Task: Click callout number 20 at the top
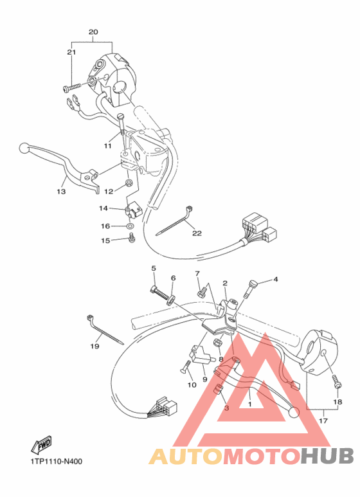coord(93,32)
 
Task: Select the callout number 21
coord(71,52)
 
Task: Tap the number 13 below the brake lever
coord(61,192)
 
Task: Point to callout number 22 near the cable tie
coord(197,233)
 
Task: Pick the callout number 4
coord(275,280)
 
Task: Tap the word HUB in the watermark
coord(327,456)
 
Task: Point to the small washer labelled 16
coord(130,226)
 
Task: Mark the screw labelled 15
coord(132,239)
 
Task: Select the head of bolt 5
coord(155,288)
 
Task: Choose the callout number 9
coord(205,379)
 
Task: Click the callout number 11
coord(107,146)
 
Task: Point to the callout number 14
coord(104,208)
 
